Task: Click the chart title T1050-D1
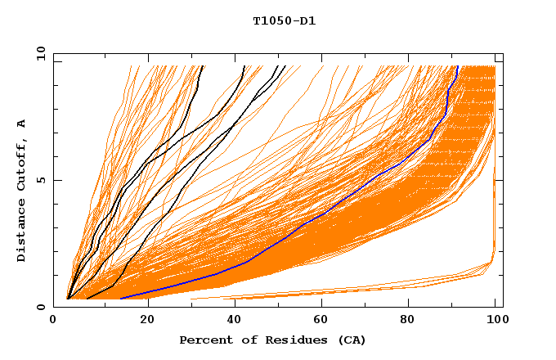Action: pos(284,21)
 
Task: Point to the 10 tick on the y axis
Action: pos(40,54)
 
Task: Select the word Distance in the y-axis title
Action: pos(21,232)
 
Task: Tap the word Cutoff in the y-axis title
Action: pos(21,160)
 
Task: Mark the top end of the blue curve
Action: pos(458,67)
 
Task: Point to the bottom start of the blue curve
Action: pos(121,298)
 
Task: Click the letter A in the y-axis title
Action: pos(21,123)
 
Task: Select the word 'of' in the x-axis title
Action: pos(244,340)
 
